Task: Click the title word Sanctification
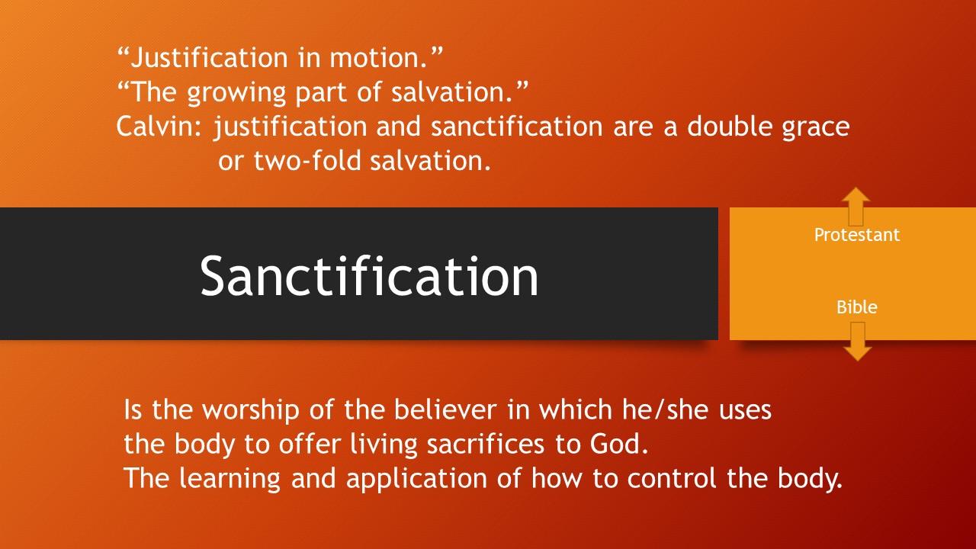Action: [369, 276]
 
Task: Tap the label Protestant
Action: [856, 235]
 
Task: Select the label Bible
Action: [856, 307]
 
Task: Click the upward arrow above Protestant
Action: [856, 207]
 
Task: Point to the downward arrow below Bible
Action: [858, 342]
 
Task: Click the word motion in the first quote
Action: [377, 57]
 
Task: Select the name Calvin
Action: [156, 127]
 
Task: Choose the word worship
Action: [251, 411]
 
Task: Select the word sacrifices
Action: [486, 444]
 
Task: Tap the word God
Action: [618, 444]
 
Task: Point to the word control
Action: [672, 478]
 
